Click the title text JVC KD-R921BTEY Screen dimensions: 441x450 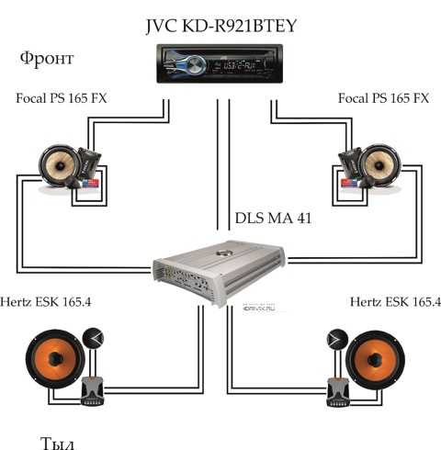(x=221, y=27)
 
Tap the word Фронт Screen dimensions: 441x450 (x=47, y=59)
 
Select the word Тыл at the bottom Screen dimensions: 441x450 (x=57, y=443)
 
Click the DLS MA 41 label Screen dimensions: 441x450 (x=273, y=219)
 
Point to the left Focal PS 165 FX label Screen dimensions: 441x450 (x=62, y=98)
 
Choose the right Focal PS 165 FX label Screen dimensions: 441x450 (x=383, y=98)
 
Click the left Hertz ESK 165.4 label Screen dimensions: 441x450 (x=45, y=302)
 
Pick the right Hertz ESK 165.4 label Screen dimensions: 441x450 (x=395, y=302)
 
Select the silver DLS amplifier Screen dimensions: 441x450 (x=220, y=273)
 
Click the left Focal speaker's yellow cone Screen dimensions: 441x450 (x=60, y=165)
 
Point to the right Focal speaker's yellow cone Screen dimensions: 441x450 (x=379, y=165)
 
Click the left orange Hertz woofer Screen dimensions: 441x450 (x=55, y=358)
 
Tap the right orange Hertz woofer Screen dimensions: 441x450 (x=376, y=359)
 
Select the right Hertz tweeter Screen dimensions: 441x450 (x=337, y=340)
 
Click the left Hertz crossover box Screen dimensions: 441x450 (x=93, y=392)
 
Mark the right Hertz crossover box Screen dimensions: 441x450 (x=338, y=392)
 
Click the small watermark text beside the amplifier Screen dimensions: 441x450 (x=259, y=309)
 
